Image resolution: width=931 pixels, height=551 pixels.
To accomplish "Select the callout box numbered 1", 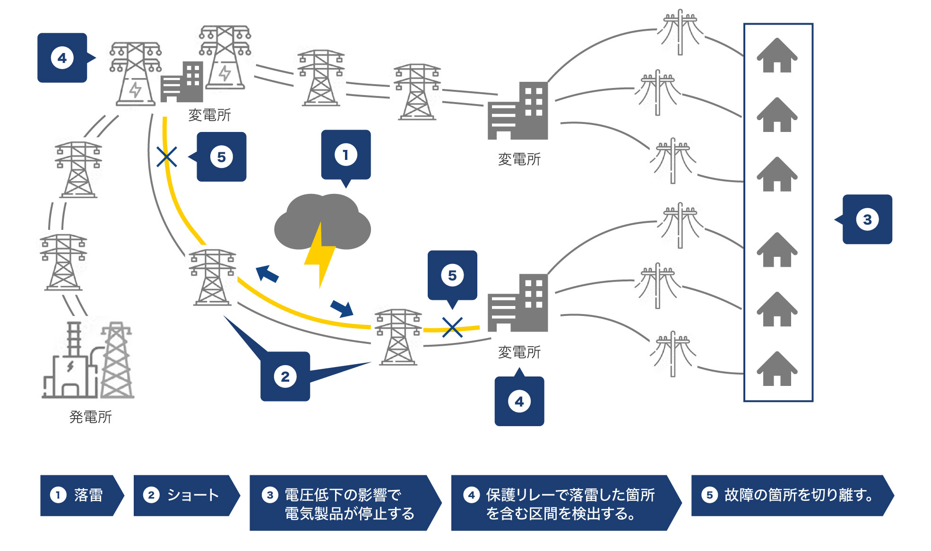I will point(346,155).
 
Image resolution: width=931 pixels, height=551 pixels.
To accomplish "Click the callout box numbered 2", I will point(285,376).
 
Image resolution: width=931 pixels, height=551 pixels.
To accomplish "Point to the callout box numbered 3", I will point(867,219).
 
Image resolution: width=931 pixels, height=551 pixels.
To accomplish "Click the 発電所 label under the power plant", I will point(90,417).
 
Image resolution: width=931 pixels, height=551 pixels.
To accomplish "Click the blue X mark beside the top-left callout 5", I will point(167,157).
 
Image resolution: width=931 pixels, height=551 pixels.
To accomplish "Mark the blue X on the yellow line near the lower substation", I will point(452,327).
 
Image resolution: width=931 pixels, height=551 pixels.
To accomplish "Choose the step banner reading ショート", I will point(184,495).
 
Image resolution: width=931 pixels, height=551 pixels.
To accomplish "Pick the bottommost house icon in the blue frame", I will point(777,369).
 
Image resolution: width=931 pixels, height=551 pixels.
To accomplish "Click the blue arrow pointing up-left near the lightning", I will point(267,274).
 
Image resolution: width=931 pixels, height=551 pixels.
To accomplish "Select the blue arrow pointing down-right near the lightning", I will point(342,308).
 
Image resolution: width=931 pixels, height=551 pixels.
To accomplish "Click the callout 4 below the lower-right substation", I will point(519,402).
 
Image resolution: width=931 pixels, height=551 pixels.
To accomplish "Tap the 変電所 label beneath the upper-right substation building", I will point(519,159).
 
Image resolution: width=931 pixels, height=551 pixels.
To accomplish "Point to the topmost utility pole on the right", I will point(680,31).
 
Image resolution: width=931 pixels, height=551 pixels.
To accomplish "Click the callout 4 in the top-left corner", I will point(62,58).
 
